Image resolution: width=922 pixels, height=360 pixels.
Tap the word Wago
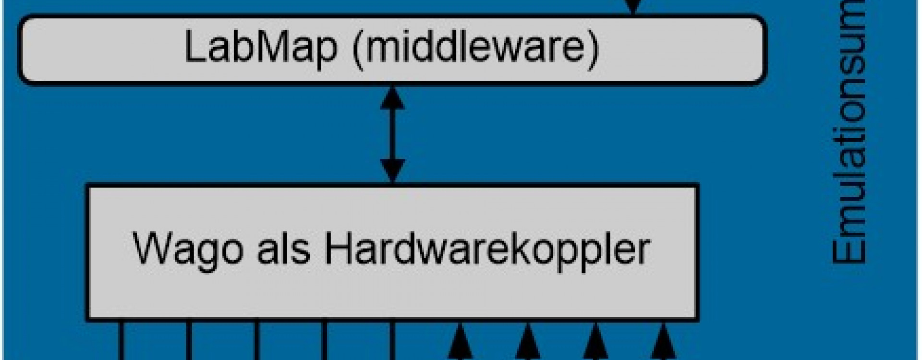[x=187, y=249]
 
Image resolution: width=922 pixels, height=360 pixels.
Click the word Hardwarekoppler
[x=487, y=249]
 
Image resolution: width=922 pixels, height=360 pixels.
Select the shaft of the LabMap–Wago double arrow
[x=393, y=134]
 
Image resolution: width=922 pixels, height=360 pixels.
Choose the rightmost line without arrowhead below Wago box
[x=393, y=341]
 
